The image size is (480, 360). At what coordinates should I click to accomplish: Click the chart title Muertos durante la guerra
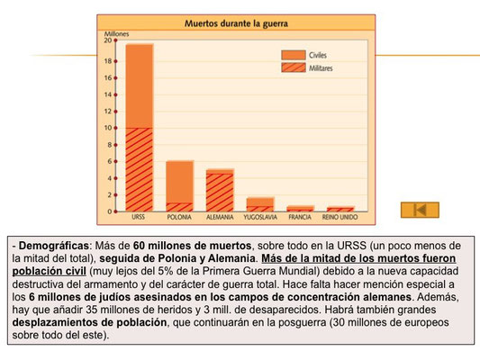click(236, 23)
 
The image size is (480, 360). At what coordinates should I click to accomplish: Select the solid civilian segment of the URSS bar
click(140, 85)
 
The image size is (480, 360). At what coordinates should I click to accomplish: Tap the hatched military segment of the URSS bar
click(140, 169)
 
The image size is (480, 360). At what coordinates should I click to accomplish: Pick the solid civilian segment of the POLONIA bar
click(180, 182)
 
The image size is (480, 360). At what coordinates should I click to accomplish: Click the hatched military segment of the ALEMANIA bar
click(220, 193)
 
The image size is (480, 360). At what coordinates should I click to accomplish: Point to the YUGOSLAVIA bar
click(260, 204)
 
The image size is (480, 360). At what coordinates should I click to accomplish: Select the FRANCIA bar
click(300, 208)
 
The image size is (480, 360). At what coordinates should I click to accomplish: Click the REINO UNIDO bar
click(340, 209)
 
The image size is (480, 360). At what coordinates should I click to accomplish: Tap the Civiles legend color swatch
click(294, 55)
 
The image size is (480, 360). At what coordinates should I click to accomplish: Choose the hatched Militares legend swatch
click(294, 67)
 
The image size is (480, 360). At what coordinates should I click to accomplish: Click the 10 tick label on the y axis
click(108, 128)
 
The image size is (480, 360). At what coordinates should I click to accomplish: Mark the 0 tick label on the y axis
click(110, 211)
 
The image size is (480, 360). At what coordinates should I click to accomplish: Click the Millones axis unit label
click(116, 34)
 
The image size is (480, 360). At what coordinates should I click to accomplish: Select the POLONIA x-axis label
click(179, 217)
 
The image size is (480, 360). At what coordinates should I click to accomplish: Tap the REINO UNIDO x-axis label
click(340, 217)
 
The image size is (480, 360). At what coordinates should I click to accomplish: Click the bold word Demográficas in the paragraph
click(53, 246)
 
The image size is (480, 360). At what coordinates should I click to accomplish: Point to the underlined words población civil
click(49, 271)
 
